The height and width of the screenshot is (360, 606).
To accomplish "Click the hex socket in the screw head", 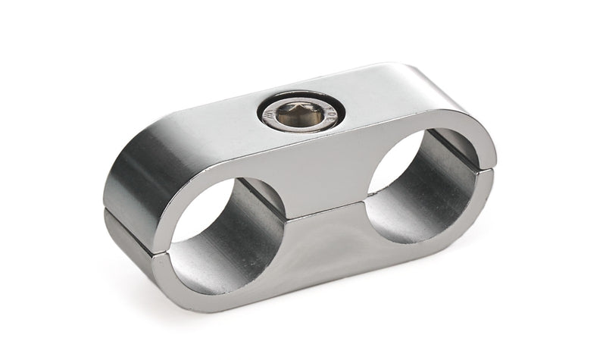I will (300, 115).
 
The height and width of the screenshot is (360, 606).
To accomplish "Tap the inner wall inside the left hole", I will (246, 227).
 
